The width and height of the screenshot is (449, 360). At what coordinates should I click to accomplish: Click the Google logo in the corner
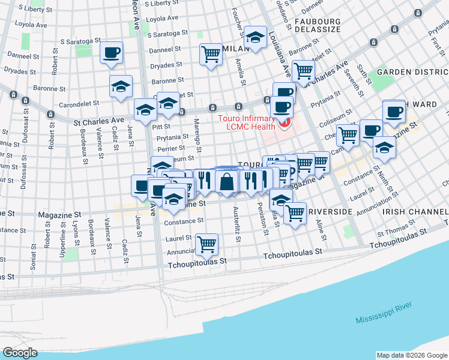(x=20, y=353)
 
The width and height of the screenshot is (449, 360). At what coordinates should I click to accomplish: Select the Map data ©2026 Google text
(x=412, y=355)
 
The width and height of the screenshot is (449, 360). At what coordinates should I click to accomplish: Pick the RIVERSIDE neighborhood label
(x=329, y=212)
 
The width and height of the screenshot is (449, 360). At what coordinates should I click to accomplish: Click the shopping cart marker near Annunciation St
(x=207, y=244)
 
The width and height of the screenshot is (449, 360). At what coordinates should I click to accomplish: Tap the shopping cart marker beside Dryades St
(x=211, y=54)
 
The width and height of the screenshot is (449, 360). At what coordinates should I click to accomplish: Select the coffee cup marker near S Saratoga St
(x=112, y=52)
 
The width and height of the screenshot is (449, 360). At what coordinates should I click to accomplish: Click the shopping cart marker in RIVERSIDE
(x=295, y=213)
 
